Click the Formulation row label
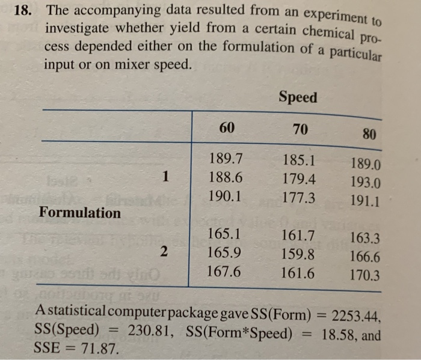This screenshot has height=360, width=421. pos(80,213)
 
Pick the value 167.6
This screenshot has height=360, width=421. pos(224,271)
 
